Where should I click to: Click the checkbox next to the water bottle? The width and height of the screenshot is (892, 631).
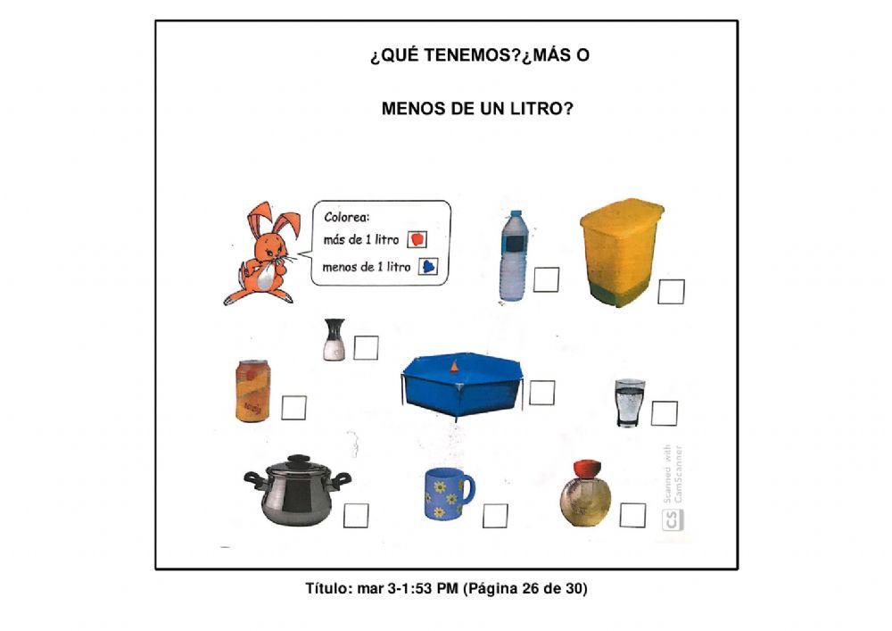pyautogui.click(x=547, y=280)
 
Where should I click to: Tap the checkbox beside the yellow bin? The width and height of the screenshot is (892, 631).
pyautogui.click(x=671, y=292)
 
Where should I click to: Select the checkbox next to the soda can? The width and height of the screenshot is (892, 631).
pyautogui.click(x=294, y=407)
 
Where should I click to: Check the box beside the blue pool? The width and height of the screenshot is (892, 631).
pyautogui.click(x=541, y=393)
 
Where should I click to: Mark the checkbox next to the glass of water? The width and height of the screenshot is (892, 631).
pyautogui.click(x=664, y=413)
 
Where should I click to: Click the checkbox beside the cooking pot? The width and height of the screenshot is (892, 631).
pyautogui.click(x=356, y=516)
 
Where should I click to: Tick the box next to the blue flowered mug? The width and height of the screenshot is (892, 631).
pyautogui.click(x=495, y=516)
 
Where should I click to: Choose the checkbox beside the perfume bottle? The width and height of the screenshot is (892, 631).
pyautogui.click(x=632, y=515)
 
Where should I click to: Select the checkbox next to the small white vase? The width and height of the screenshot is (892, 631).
pyautogui.click(x=366, y=347)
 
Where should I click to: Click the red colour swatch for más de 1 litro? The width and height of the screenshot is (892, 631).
pyautogui.click(x=417, y=239)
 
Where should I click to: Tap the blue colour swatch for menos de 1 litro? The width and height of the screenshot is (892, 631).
pyautogui.click(x=428, y=266)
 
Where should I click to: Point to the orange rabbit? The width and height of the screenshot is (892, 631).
pyautogui.click(x=263, y=254)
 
